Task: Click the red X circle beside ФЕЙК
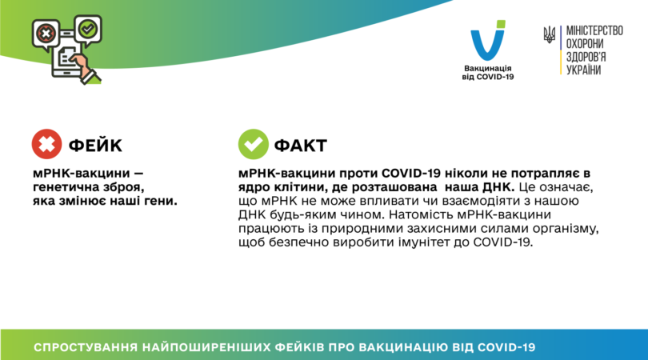(46, 144)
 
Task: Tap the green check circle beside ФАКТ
(253, 145)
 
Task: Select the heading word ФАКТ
(301, 146)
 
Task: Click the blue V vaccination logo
(487, 42)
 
